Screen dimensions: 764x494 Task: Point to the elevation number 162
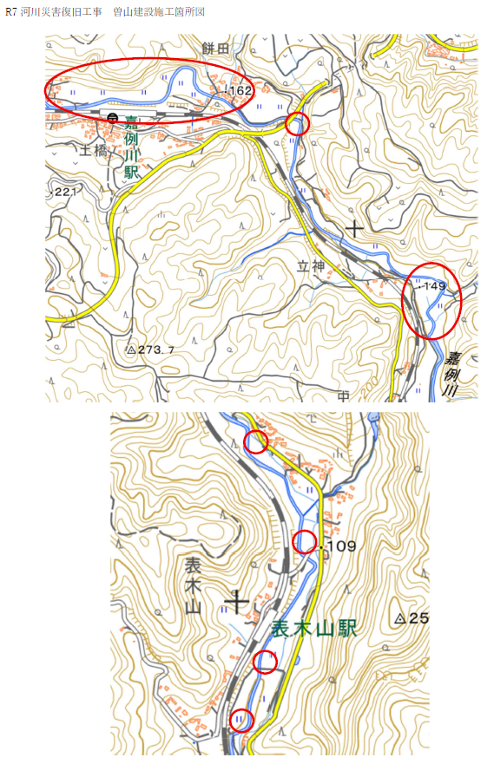tap(240, 90)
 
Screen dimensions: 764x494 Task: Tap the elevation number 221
tap(64, 191)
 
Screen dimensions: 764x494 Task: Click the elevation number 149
tap(434, 285)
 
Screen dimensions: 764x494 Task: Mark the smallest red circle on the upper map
tap(298, 123)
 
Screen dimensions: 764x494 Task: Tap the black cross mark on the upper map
tap(354, 229)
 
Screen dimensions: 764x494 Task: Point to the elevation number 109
tap(340, 546)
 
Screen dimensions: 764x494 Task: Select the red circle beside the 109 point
tap(303, 543)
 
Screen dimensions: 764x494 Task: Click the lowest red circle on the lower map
tap(241, 720)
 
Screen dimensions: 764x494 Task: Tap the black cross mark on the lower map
tap(236, 599)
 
